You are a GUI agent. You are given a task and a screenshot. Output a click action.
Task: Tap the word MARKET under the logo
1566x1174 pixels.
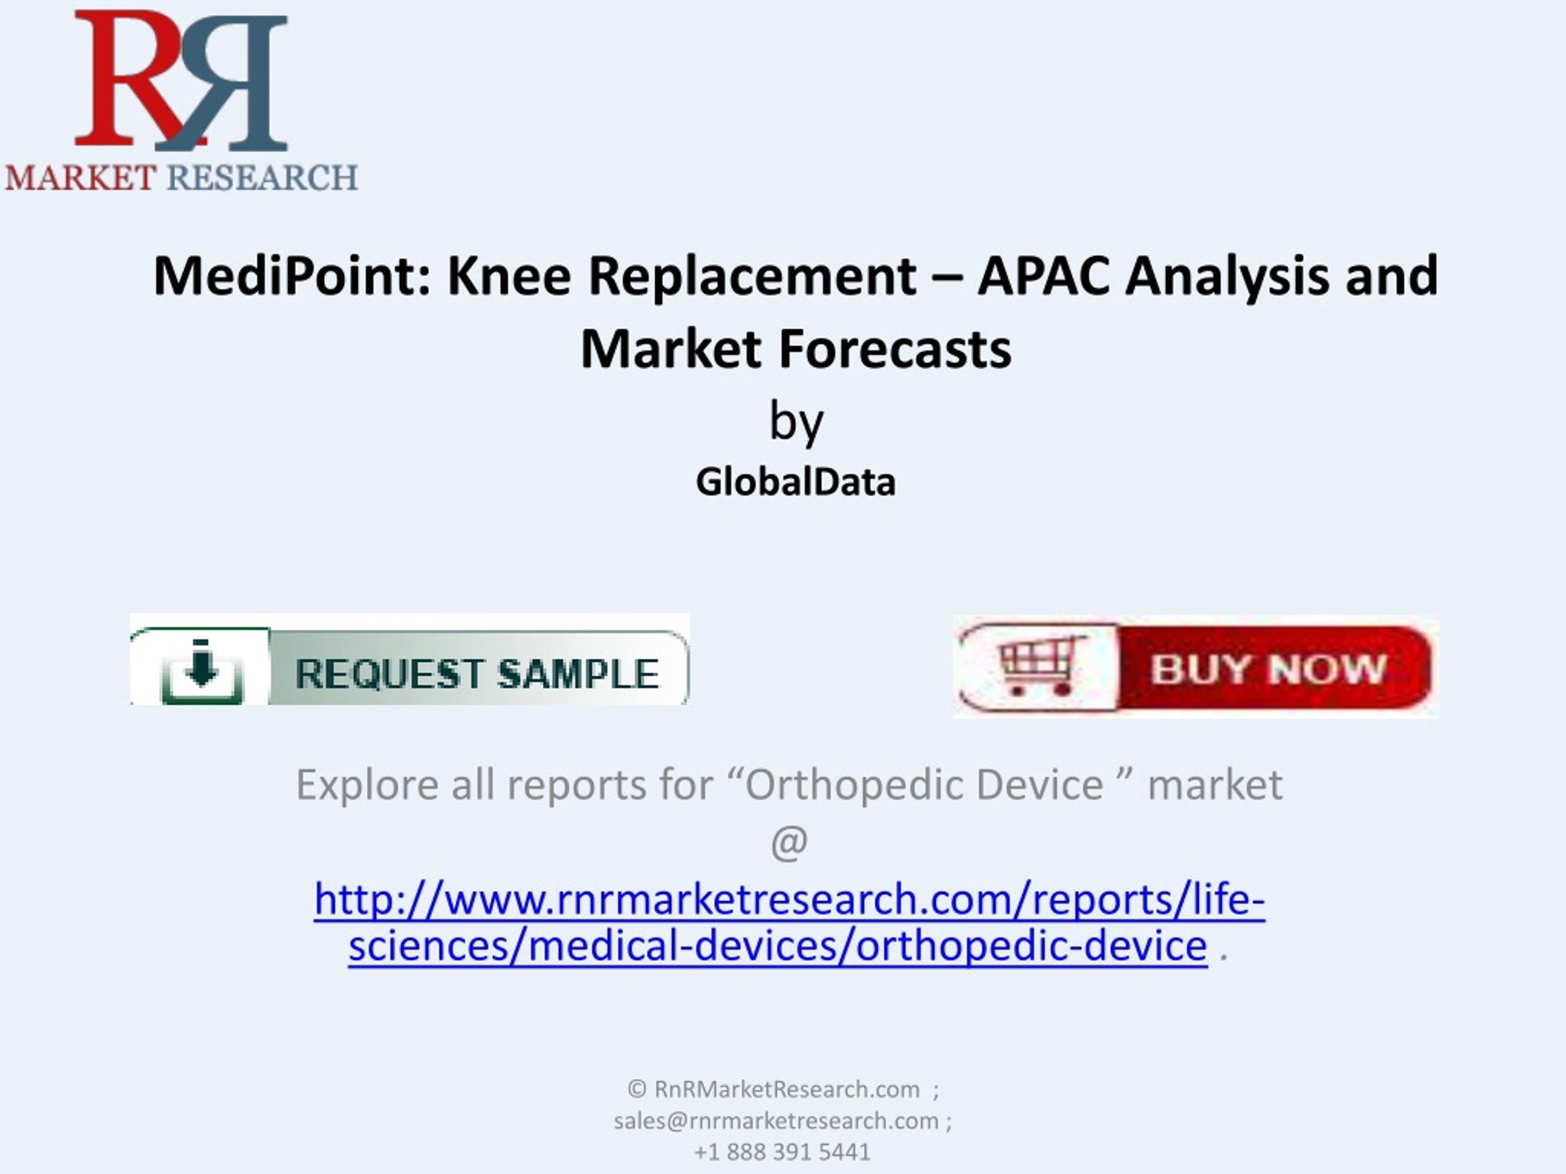(81, 177)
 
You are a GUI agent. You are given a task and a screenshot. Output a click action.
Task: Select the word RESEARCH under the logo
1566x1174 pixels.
(262, 177)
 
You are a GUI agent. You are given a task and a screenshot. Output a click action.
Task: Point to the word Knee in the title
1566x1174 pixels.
(509, 275)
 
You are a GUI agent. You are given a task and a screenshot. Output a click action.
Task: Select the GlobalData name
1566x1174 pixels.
(796, 482)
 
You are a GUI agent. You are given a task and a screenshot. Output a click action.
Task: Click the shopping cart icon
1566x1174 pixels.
(1039, 665)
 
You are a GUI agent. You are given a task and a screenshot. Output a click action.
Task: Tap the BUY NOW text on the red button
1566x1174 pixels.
(1267, 669)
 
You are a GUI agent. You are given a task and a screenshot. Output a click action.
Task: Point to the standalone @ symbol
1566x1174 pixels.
(789, 843)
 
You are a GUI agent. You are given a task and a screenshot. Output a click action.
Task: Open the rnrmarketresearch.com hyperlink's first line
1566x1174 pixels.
(789, 899)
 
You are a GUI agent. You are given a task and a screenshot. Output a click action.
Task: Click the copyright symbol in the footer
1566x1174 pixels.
(636, 1089)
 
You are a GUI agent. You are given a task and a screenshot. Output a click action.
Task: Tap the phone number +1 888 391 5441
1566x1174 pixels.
(782, 1152)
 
